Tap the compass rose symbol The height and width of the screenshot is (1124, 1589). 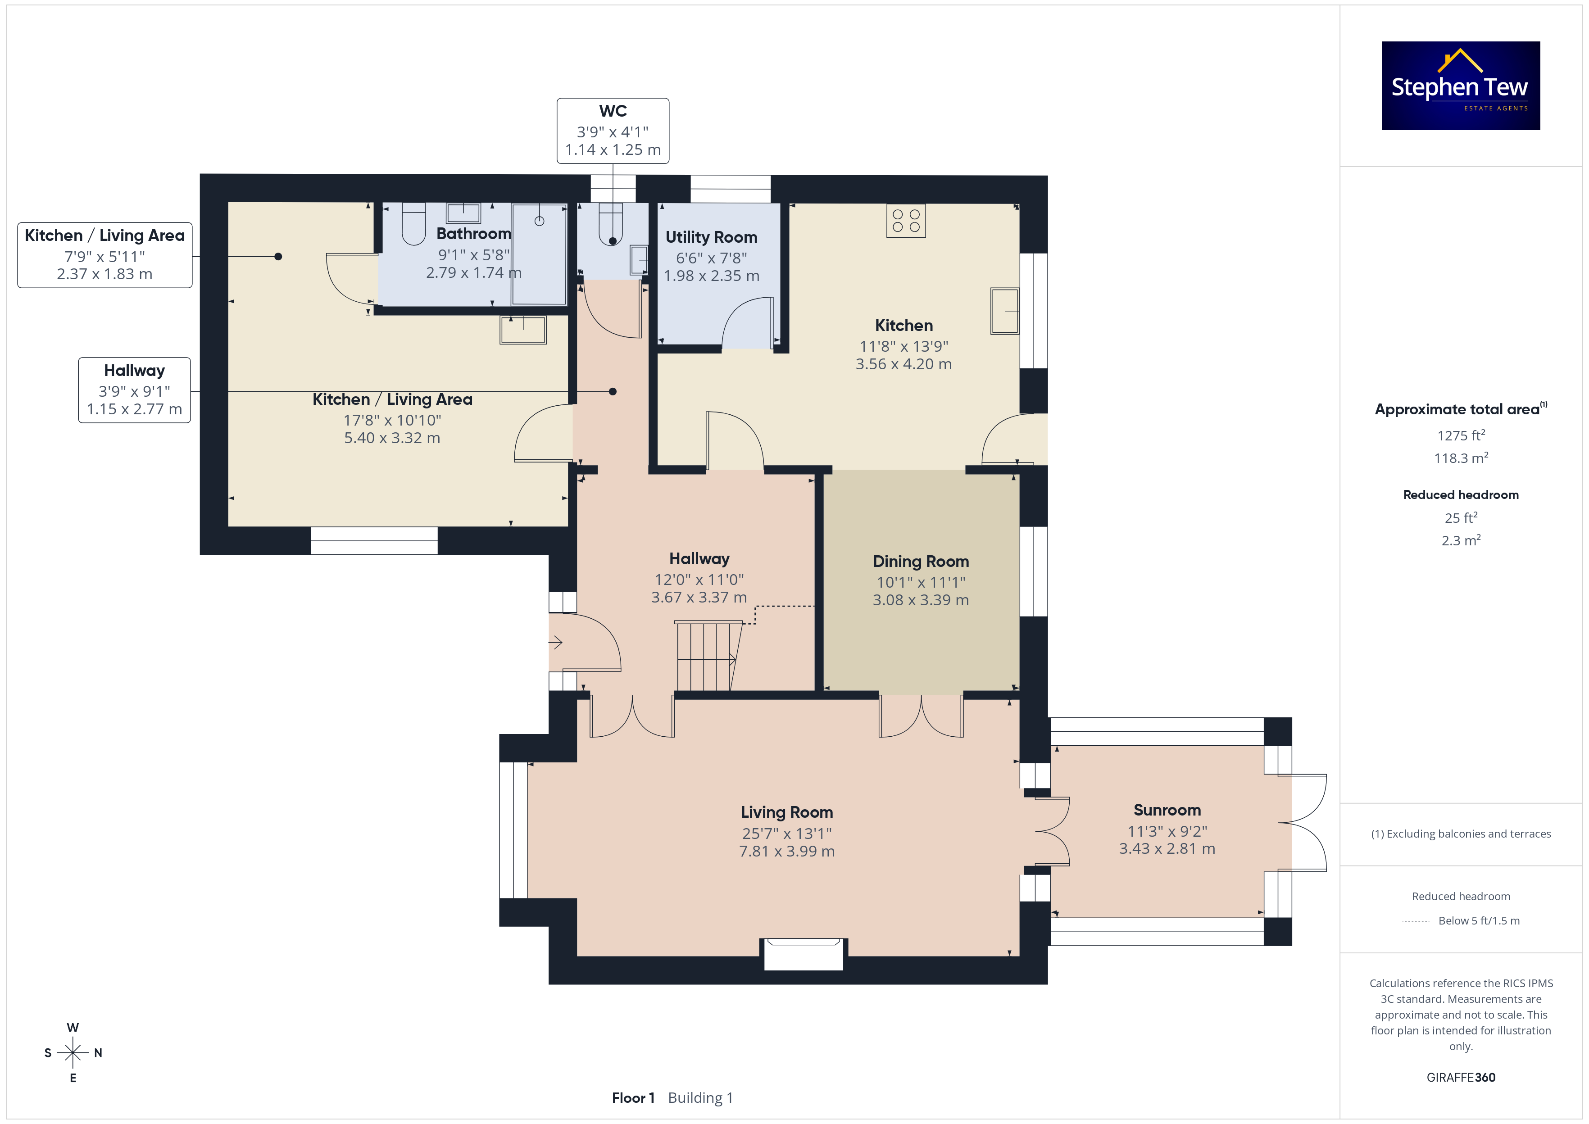pos(73,1053)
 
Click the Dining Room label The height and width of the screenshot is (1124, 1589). pos(921,561)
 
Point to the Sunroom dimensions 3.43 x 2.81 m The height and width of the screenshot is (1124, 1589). pos(1167,848)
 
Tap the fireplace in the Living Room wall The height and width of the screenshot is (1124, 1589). pos(804,954)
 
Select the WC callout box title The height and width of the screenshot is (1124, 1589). pos(613,111)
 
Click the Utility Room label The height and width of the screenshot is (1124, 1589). pos(712,237)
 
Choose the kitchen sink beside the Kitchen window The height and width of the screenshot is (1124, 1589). pos(1005,311)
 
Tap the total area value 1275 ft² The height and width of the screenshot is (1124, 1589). pos(1461,435)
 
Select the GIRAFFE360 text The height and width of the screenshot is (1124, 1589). pos(1461,1078)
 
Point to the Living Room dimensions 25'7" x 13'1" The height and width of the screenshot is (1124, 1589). pos(787,833)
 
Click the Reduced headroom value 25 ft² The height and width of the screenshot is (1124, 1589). pos(1461,518)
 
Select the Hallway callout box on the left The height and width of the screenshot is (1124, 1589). pos(134,390)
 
